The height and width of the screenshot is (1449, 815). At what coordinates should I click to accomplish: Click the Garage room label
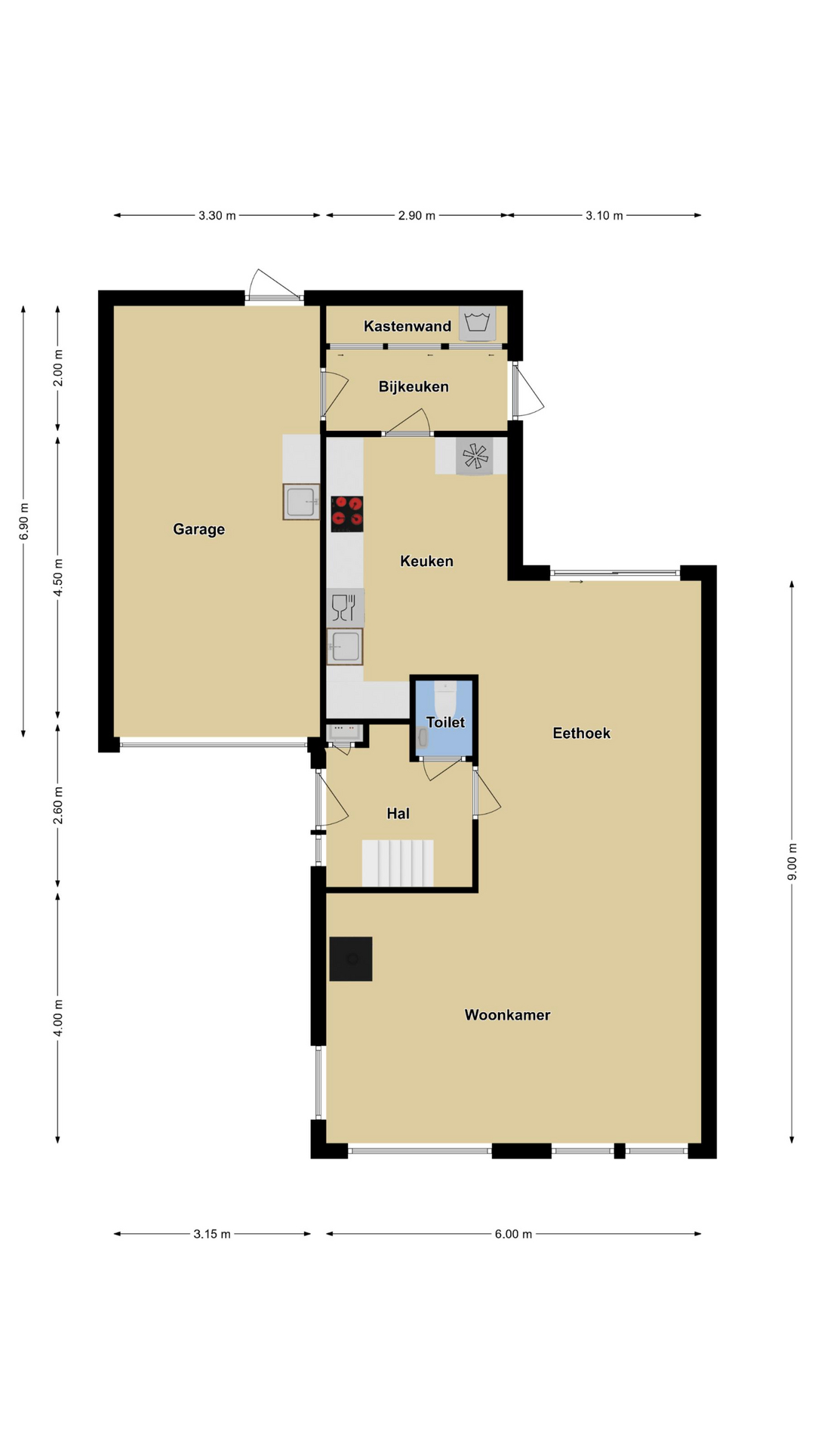pos(199,530)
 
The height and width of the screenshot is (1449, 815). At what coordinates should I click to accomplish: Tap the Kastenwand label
pos(407,326)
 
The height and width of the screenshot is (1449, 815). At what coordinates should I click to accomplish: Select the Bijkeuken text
pos(414,387)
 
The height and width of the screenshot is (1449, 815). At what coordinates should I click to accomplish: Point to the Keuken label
pos(426,561)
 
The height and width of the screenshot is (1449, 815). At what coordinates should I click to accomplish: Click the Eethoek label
pos(581,733)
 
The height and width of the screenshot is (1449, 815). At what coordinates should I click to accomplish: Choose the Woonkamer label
pos(507,1015)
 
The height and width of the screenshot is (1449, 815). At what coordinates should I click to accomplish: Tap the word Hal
pos(398,814)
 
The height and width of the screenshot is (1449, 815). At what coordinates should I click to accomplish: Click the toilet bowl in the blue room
pos(445,696)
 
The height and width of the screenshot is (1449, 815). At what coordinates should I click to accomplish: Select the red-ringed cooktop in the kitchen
pos(347,514)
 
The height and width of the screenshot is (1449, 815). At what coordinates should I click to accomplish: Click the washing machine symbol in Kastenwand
pos(478,323)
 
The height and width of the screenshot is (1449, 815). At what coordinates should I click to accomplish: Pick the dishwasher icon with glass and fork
pos(345,608)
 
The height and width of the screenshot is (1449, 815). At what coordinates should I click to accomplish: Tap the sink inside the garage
pos(302,502)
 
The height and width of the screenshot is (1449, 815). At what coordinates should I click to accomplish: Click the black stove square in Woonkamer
pos(351,959)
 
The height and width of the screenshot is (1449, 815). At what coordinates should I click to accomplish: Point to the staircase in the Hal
pos(398,863)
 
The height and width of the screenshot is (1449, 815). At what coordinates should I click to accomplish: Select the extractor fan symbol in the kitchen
pos(475,456)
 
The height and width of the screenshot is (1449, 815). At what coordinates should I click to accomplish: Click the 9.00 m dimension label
pos(792,862)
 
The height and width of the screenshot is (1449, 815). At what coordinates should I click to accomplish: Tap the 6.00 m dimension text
pos(513,1234)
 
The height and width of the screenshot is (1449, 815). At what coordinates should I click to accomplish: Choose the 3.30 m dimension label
pos(217,216)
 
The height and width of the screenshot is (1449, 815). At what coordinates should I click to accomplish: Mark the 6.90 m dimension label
pos(23,521)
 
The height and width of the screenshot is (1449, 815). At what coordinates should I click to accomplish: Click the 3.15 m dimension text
pos(212,1234)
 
